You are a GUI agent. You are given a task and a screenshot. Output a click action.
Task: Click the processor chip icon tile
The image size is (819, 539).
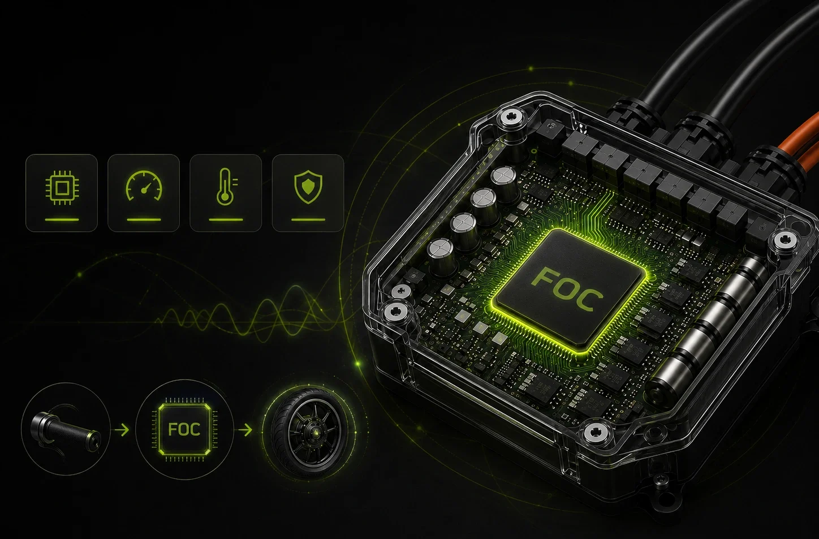point(62,193)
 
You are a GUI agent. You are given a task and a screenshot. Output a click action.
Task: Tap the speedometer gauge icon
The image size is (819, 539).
point(144,186)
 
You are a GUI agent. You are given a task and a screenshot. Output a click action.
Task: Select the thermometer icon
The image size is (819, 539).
point(226,186)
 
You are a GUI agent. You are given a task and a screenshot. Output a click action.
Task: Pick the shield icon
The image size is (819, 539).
point(308,187)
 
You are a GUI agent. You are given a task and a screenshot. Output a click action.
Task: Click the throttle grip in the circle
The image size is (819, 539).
point(66,429)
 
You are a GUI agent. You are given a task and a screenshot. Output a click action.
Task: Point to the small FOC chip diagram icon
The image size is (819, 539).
point(184,429)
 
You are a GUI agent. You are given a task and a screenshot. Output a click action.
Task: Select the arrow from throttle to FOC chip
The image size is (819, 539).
point(122,430)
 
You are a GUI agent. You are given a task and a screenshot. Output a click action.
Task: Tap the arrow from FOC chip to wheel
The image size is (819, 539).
point(245,430)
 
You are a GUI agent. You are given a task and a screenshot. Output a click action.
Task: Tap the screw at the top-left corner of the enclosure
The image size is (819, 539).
point(510,119)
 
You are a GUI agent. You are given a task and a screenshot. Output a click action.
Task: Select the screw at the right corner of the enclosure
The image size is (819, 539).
point(784,240)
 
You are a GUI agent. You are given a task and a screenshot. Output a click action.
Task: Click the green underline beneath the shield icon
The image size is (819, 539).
point(308,220)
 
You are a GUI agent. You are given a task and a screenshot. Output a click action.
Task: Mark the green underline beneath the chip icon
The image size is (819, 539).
point(62,220)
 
